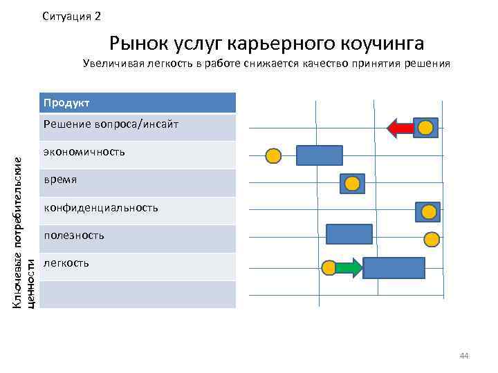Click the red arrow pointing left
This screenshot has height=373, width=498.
pyautogui.click(x=400, y=128)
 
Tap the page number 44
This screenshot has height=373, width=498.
pyautogui.click(x=464, y=356)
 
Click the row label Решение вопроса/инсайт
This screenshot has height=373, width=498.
pyautogui.click(x=111, y=124)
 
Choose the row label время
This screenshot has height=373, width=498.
pyautogui.click(x=60, y=180)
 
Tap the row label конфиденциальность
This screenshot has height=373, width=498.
pyautogui.click(x=100, y=207)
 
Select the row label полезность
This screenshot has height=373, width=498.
pyautogui.click(x=73, y=236)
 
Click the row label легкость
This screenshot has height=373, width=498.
pyautogui.click(x=66, y=263)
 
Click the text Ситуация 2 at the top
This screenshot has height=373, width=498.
pyautogui.click(x=71, y=16)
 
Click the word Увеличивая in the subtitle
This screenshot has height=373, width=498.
pyautogui.click(x=111, y=64)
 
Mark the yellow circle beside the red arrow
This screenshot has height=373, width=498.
pyautogui.click(x=427, y=127)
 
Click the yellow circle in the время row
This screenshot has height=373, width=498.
pyautogui.click(x=352, y=183)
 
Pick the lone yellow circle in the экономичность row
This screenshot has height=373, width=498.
pyautogui.click(x=274, y=156)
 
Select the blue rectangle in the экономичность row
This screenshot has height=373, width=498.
pyautogui.click(x=320, y=155)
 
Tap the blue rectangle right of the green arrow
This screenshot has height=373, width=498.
pyautogui.click(x=394, y=267)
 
